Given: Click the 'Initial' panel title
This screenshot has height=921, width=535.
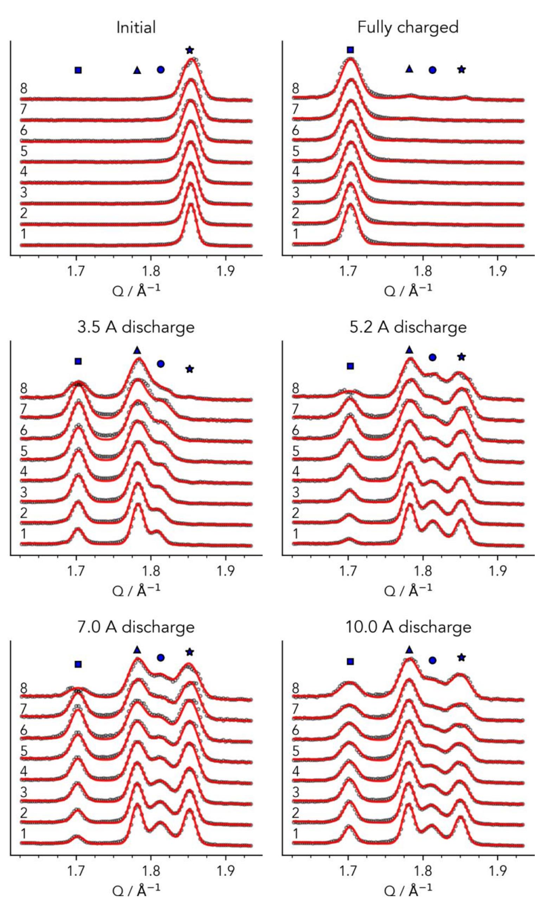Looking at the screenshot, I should pos(136,27).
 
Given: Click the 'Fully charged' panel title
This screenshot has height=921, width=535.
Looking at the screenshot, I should pos(407,27).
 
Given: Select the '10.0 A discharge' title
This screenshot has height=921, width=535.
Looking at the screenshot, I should pos(408,627).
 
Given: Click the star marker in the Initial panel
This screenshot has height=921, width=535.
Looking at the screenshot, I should pos(189,50).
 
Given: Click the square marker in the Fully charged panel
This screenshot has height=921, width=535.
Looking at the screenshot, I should pos(350,50).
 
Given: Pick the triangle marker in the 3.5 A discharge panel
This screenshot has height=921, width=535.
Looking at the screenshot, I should pos(137,350).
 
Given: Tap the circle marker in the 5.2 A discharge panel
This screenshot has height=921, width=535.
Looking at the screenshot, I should pos(432,357).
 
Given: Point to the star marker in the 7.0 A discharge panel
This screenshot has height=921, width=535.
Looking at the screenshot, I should pos(189,652).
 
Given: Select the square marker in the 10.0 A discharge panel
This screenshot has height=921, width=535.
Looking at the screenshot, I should pos(350,661).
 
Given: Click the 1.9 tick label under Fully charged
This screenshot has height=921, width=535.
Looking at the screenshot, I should pos(497,271).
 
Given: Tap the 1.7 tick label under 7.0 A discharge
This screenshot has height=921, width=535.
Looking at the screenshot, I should pos(76,872).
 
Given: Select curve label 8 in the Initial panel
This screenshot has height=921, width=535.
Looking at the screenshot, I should pos(24,89).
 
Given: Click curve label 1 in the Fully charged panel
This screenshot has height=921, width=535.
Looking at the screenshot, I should pos(295,234).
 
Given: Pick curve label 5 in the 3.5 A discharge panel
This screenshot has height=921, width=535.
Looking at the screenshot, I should pos(24,451).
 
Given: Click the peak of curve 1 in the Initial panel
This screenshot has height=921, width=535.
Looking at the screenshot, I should pos(191,204).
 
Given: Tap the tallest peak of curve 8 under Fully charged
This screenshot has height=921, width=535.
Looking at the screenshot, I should pos(350,58).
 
